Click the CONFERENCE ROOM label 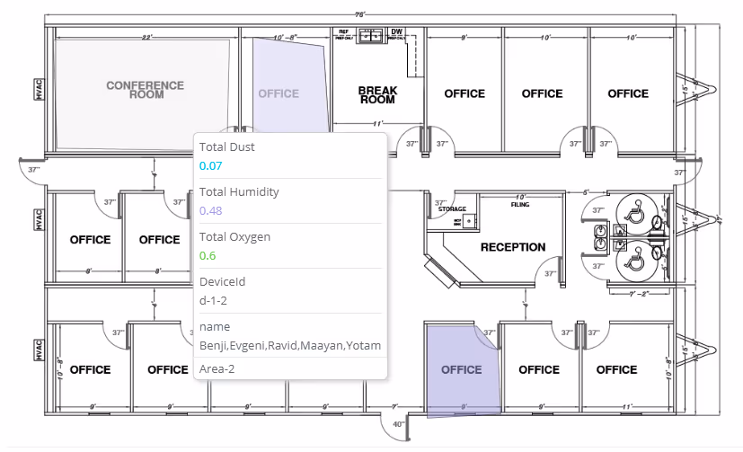(145, 90)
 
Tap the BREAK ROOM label (377, 94)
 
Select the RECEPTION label (512, 247)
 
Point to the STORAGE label (452, 209)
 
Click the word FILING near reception (519, 204)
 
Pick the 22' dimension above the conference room (146, 38)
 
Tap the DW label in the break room (396, 32)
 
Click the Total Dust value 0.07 (210, 165)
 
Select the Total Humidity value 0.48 (211, 210)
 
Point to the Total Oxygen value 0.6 (208, 255)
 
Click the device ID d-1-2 (214, 300)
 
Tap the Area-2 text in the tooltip (216, 368)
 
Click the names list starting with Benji (289, 346)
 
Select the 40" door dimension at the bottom (399, 424)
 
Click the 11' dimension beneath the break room (378, 123)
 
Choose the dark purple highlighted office (461, 369)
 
